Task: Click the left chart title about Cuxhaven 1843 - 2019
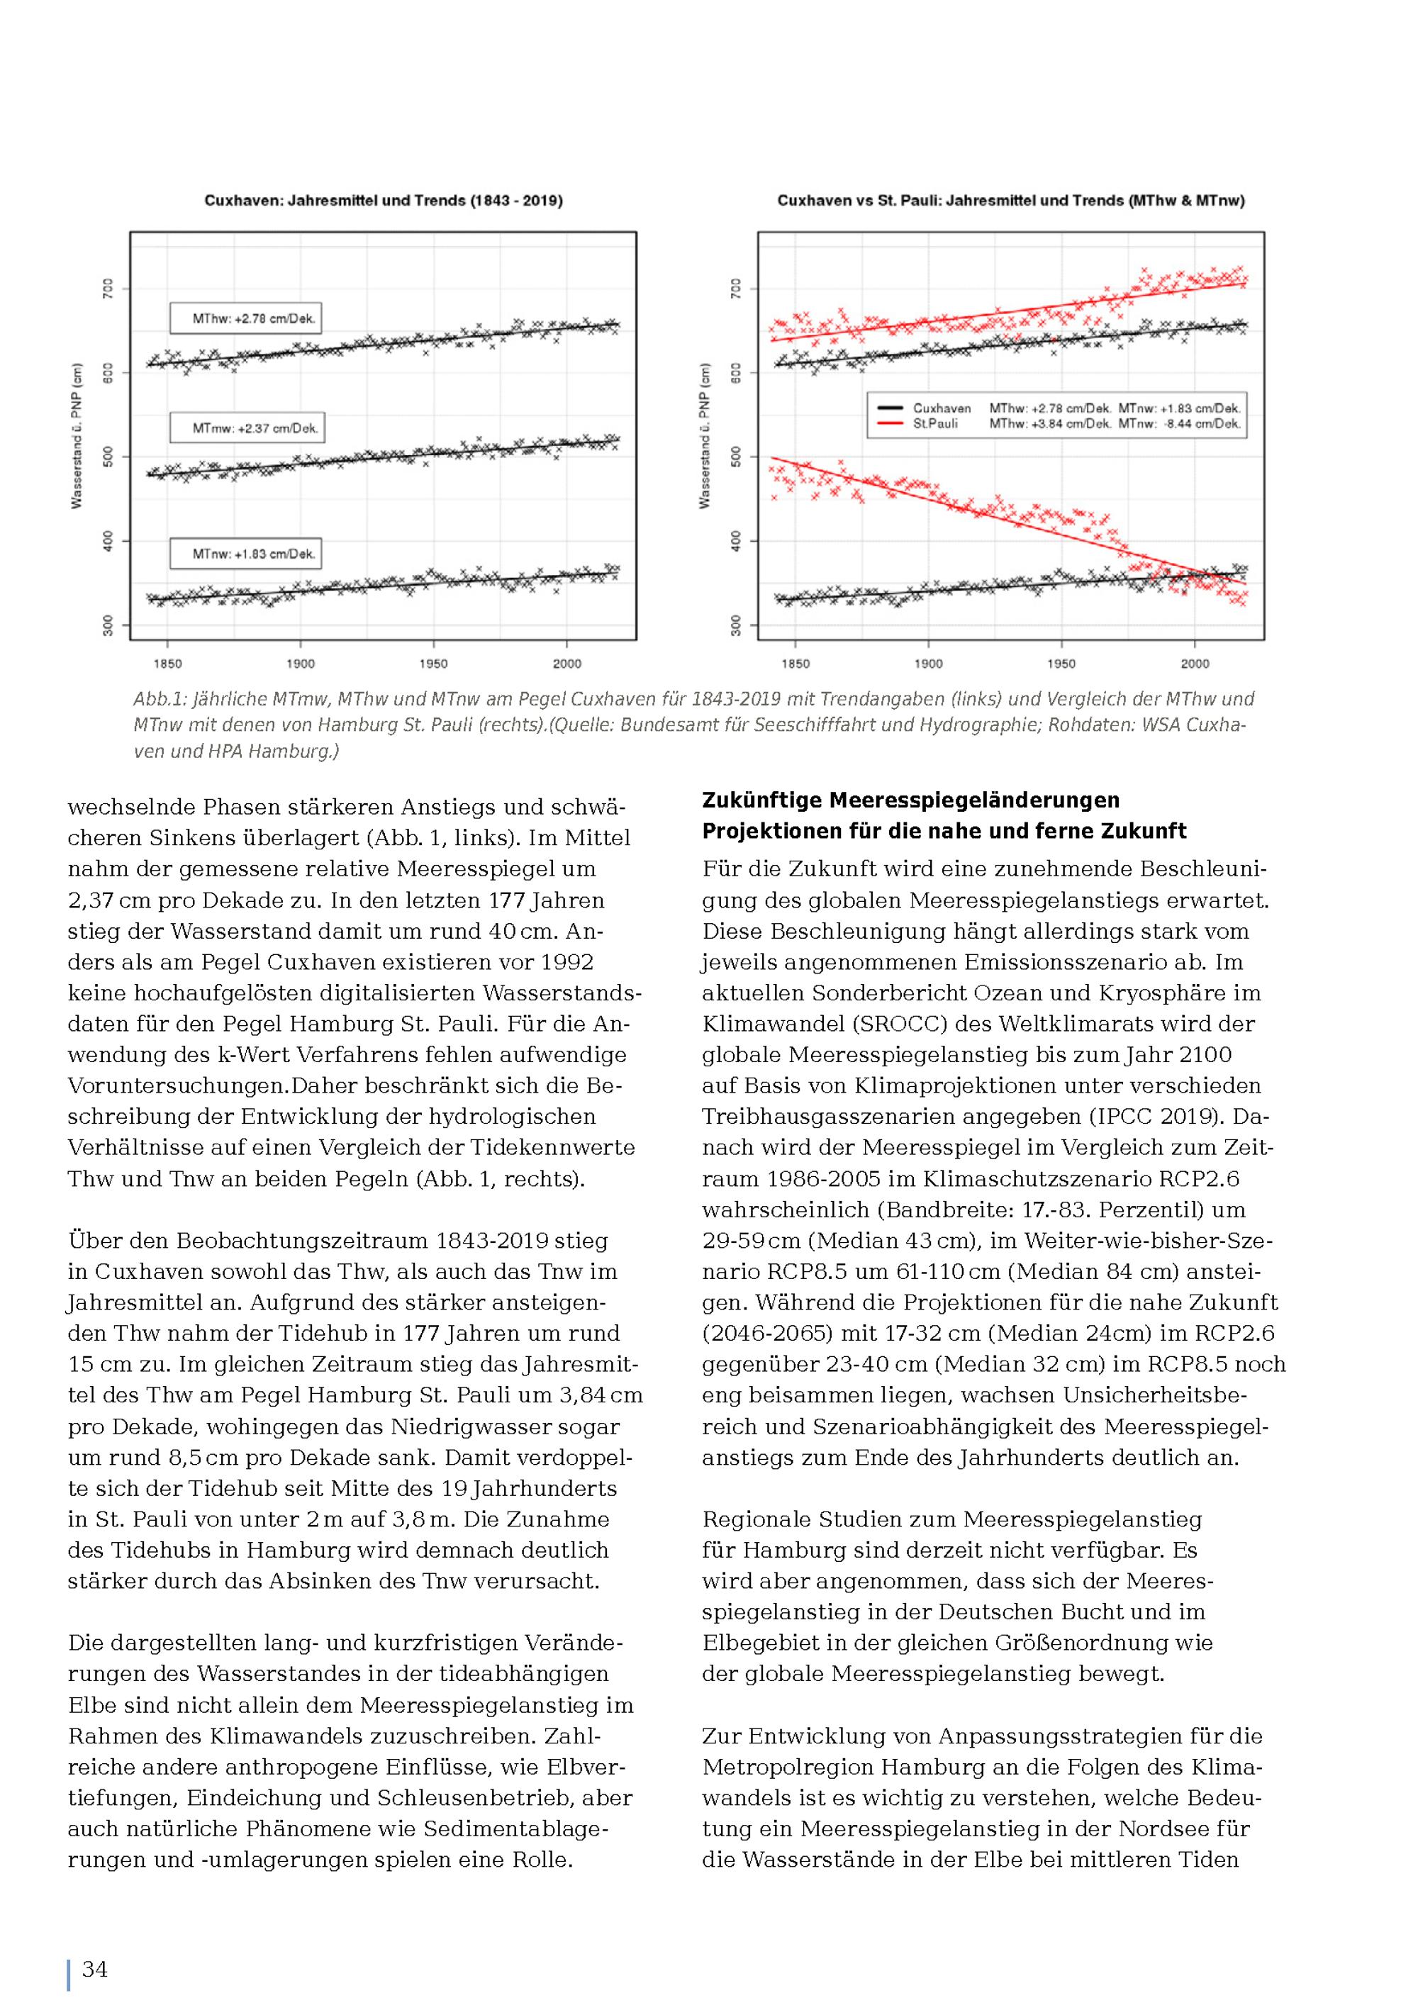tap(384, 200)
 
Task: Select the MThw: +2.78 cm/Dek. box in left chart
tap(245, 319)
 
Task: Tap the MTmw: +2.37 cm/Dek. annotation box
tap(247, 429)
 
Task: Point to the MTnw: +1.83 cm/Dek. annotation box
tap(245, 554)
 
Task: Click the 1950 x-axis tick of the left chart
tap(433, 664)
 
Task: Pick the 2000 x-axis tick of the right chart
tap(1195, 664)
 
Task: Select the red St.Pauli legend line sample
tap(889, 423)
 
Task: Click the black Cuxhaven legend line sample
tap(889, 408)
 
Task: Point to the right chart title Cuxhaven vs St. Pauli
tap(1010, 200)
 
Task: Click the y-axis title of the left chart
tap(77, 436)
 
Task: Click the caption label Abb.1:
tap(160, 700)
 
